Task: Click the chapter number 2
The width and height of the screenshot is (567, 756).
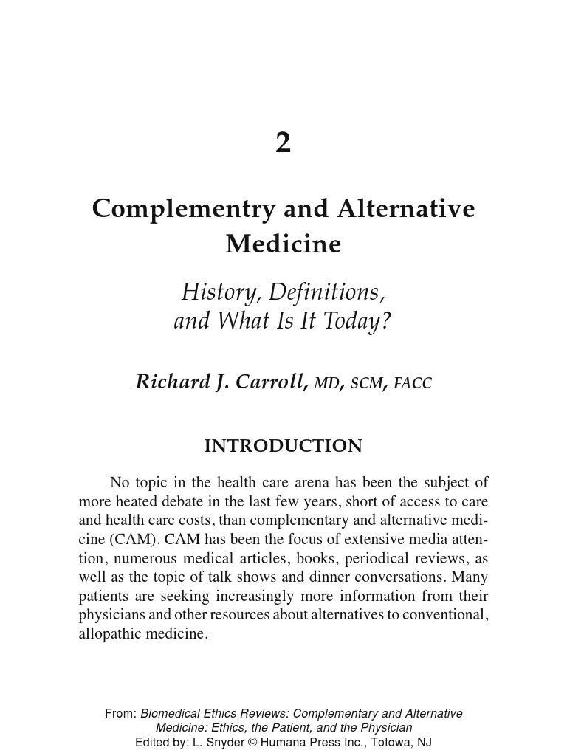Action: point(283,142)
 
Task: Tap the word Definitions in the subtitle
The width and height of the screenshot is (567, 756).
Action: point(326,292)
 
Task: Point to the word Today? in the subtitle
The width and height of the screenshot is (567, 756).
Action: point(360,322)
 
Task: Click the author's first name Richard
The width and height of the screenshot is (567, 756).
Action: point(169,382)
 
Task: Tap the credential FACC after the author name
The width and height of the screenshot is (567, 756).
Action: point(413,383)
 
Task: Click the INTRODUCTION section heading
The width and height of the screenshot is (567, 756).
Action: point(283,446)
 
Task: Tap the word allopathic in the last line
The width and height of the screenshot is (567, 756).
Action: point(109,633)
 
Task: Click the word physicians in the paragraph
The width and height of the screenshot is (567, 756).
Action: point(109,615)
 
